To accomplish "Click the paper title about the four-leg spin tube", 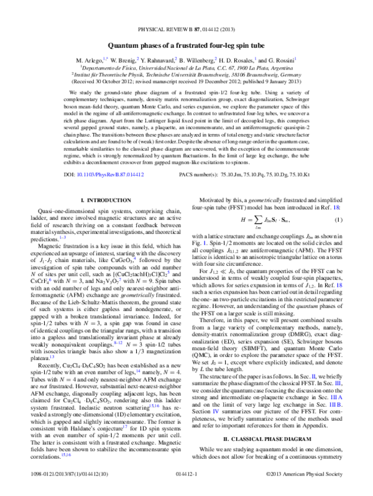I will pyautogui.click(x=186, y=45).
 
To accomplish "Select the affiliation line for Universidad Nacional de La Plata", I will pyautogui.click(x=186, y=67).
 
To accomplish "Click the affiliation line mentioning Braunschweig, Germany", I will pyautogui.click(x=186, y=74).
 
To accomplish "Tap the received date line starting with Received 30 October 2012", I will pyautogui.click(x=186, y=81).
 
